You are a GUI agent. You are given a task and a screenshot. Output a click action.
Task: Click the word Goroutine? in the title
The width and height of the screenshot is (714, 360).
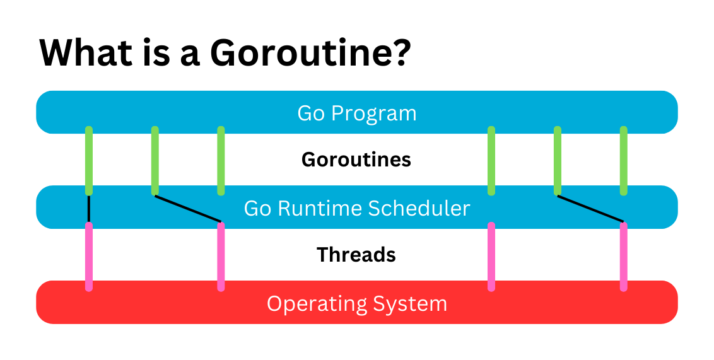[x=311, y=53]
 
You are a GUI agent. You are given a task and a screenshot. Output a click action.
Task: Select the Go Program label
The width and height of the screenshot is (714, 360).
[x=357, y=113]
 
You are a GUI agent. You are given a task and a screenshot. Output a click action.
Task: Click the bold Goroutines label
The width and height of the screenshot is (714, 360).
[x=356, y=160]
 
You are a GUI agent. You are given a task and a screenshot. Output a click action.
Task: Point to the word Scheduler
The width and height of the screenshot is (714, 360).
[x=416, y=208]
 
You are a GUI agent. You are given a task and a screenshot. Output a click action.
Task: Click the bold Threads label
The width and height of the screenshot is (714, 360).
[x=356, y=255]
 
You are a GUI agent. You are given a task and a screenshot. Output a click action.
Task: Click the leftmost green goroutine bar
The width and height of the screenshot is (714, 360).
[x=89, y=161]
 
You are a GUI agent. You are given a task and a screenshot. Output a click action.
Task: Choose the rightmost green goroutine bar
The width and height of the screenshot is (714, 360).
[x=624, y=161]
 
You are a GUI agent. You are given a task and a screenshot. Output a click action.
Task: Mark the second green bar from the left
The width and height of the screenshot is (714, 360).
[x=155, y=161]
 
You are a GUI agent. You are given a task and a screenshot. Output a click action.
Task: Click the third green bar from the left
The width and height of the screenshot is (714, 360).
[x=221, y=161]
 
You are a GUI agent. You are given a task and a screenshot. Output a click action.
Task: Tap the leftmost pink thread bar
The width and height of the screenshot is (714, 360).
[x=89, y=257]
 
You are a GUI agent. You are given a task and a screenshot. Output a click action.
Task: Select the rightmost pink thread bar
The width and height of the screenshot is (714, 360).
[x=624, y=257]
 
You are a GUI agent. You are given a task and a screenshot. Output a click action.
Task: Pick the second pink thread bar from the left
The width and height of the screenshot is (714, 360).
[x=221, y=257]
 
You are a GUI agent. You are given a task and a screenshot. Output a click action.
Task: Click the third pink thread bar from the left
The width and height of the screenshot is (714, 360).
[x=491, y=257]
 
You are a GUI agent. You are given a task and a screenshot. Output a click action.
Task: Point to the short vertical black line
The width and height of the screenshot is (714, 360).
[x=89, y=209]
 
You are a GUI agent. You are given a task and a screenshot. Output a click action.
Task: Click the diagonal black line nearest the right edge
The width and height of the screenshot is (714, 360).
[x=590, y=209]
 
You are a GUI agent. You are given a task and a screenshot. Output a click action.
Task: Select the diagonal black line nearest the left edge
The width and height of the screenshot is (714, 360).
[x=188, y=209]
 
